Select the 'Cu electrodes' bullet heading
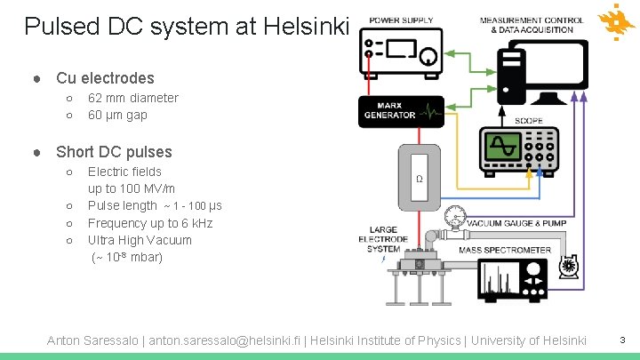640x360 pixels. click(105, 78)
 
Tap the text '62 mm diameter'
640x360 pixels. click(132, 98)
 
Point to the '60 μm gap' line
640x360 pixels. click(117, 115)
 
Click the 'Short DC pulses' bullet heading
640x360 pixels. click(114, 152)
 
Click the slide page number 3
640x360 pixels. click(623, 340)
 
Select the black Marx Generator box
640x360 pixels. click(400, 110)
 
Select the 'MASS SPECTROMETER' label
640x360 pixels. click(504, 251)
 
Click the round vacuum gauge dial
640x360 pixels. click(457, 215)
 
